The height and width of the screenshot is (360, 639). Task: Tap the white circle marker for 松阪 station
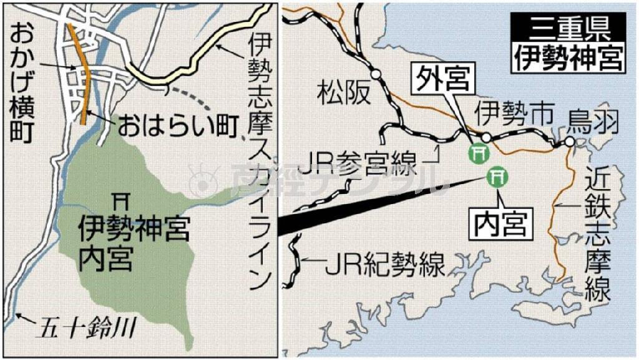376,74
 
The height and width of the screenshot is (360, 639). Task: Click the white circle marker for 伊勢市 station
486,137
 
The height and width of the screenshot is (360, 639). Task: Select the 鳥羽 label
593,122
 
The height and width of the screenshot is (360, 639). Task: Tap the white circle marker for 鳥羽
569,144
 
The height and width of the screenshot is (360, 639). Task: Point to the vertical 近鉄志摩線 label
597,238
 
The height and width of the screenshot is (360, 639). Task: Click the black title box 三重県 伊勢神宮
568,43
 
